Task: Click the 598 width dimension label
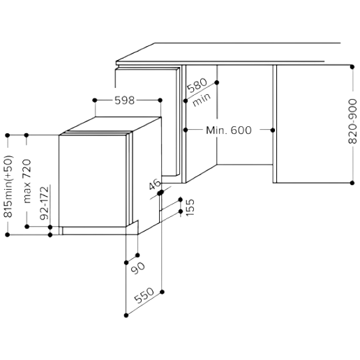[x=125, y=100]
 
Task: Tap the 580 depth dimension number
[x=197, y=85]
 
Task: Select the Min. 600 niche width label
[x=229, y=130]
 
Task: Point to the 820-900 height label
[x=352, y=121]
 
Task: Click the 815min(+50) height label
[x=8, y=186]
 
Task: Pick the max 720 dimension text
[x=27, y=181]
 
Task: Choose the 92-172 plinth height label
[x=45, y=203]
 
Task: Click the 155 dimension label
[x=190, y=207]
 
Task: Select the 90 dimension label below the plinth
[x=138, y=268]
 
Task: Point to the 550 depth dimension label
[x=144, y=295]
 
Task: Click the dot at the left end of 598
[x=95, y=100]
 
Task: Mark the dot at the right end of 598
[x=160, y=100]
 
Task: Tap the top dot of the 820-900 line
[x=352, y=67]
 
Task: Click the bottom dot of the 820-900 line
[x=352, y=183]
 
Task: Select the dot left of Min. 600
[x=186, y=130]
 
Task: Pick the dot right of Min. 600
[x=273, y=130]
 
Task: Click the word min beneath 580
[x=202, y=100]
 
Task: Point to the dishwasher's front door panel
[x=93, y=181]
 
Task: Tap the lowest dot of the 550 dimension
[x=126, y=315]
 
